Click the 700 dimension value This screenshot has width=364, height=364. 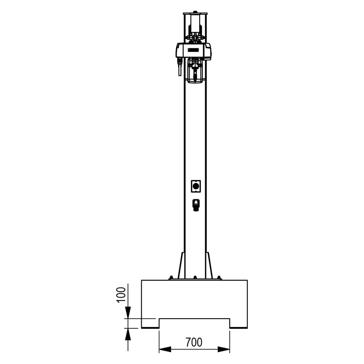[x=194, y=343]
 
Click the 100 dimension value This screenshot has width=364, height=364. [x=121, y=294]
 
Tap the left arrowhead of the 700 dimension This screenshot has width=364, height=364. [x=165, y=349]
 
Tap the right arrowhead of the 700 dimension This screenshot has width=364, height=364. [x=224, y=349]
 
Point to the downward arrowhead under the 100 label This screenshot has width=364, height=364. [x=128, y=312]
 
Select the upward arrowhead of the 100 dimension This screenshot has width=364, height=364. [x=128, y=334]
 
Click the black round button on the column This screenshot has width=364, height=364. [x=196, y=186]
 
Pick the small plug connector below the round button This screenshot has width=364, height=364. [x=196, y=205]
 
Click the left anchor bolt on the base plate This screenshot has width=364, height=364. [x=171, y=278]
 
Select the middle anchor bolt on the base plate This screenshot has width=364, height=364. [x=195, y=278]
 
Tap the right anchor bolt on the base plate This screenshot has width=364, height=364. [x=219, y=278]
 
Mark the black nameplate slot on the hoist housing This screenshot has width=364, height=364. [x=193, y=50]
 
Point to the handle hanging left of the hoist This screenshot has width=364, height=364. [x=179, y=67]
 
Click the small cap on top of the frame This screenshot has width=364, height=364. [x=195, y=12]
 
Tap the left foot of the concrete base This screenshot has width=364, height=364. [x=150, y=323]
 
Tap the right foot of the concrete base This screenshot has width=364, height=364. [x=238, y=323]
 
